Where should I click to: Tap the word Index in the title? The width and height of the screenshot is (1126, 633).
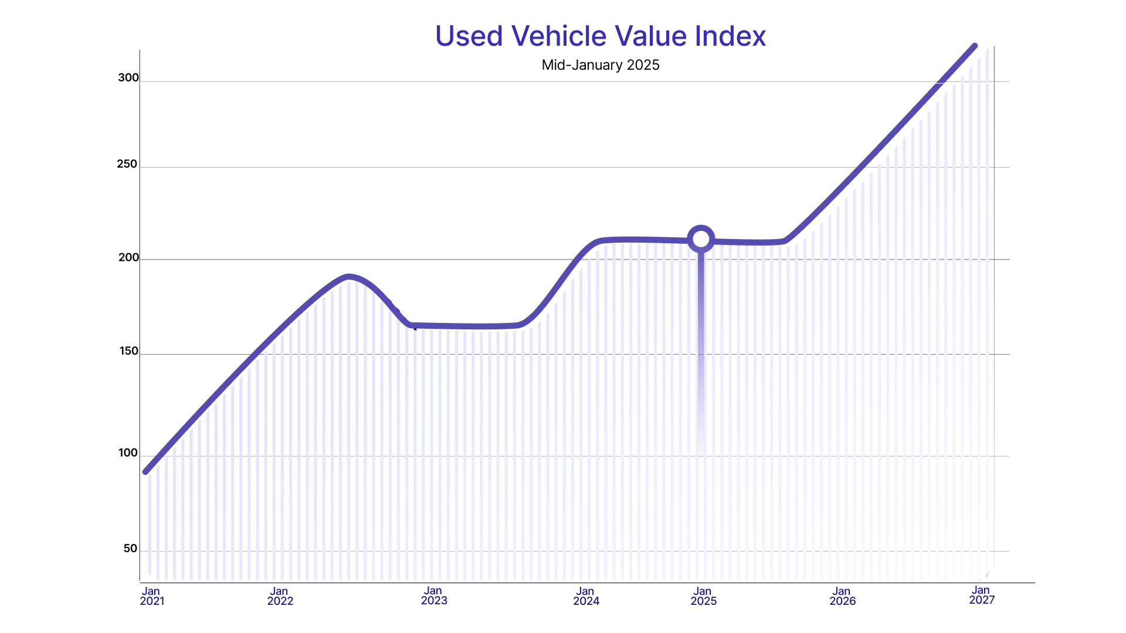730,36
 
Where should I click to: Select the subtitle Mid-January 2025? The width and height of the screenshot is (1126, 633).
601,65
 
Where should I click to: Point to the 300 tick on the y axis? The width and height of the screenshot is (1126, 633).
128,78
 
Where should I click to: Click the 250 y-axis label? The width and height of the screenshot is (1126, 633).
127,164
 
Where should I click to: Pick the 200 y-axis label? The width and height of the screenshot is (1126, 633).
128,258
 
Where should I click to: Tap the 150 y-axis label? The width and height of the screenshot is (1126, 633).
128,352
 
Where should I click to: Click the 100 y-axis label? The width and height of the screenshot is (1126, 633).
128,453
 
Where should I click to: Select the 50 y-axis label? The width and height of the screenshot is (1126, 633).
130,549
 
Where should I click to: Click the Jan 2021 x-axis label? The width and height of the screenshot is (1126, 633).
152,596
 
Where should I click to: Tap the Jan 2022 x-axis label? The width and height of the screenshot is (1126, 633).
280,596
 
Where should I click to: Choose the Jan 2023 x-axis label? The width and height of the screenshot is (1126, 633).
434,595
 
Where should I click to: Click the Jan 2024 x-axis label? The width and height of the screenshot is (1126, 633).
586,596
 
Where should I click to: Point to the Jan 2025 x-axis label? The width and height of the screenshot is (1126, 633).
703,596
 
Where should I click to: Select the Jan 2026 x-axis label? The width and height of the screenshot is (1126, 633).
842,596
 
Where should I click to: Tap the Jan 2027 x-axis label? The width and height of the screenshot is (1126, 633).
982,595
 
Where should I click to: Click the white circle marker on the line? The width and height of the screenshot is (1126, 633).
701,239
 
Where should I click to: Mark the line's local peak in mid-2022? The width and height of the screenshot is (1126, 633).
349,277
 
